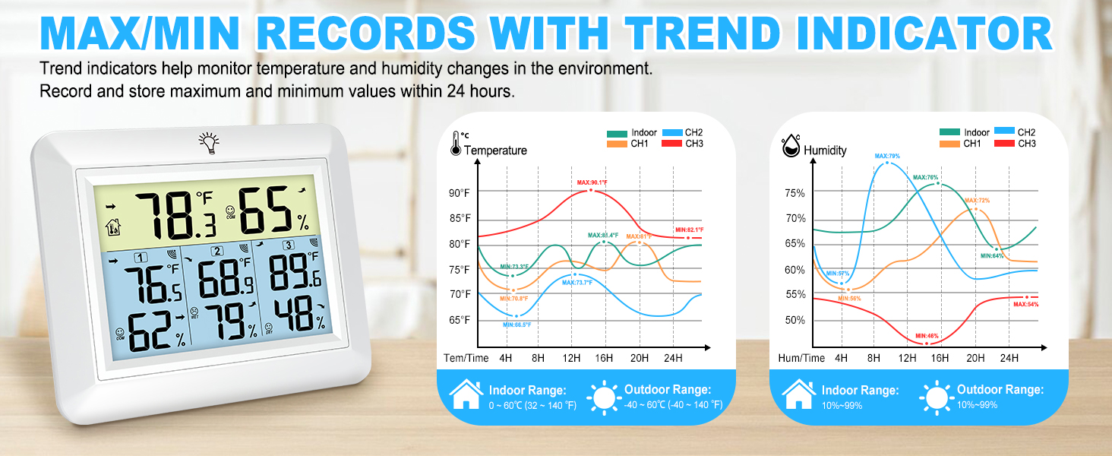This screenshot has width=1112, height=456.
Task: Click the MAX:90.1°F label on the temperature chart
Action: point(592,182)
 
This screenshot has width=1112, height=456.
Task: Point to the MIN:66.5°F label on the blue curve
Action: point(517,325)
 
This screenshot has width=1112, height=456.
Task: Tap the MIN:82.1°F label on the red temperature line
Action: point(689,230)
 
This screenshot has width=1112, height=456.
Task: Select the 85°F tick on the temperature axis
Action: point(460,219)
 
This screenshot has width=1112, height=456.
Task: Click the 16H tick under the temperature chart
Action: point(605,357)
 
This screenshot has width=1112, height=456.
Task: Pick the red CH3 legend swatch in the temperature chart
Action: point(672,144)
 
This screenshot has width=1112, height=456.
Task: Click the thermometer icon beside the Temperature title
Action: point(455,143)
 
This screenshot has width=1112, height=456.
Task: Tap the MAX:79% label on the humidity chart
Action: point(887,157)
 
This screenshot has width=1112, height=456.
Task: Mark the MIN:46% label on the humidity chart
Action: point(927,336)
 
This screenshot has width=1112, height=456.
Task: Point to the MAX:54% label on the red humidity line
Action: point(1025,304)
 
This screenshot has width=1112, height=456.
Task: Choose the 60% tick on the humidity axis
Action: point(794,270)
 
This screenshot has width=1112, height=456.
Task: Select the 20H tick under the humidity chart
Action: point(975,357)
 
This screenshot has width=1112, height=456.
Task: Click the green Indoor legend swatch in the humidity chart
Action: point(950,133)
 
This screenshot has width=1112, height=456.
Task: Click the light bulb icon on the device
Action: point(207,141)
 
